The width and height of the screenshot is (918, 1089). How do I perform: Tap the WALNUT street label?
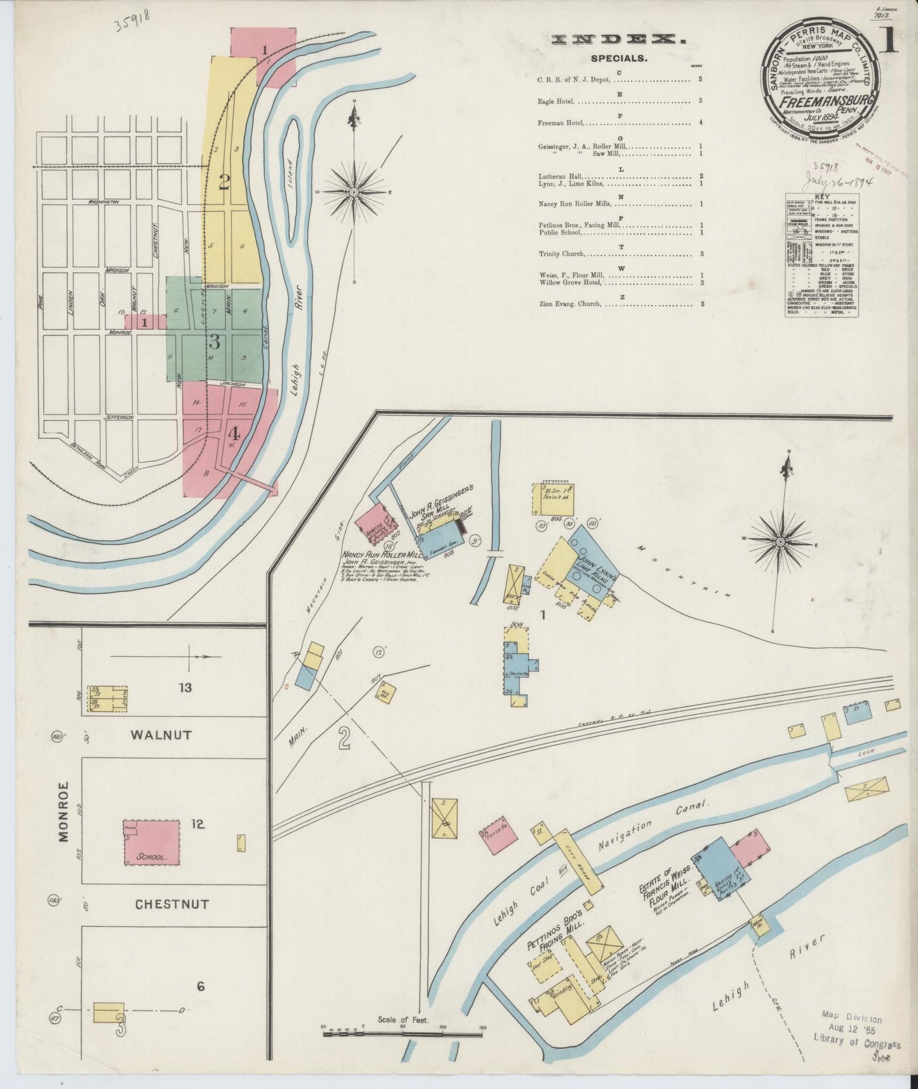[x=161, y=734]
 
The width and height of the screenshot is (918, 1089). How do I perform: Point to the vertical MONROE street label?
[x=64, y=811]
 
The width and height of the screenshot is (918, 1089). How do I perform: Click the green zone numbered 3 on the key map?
[x=214, y=342]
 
